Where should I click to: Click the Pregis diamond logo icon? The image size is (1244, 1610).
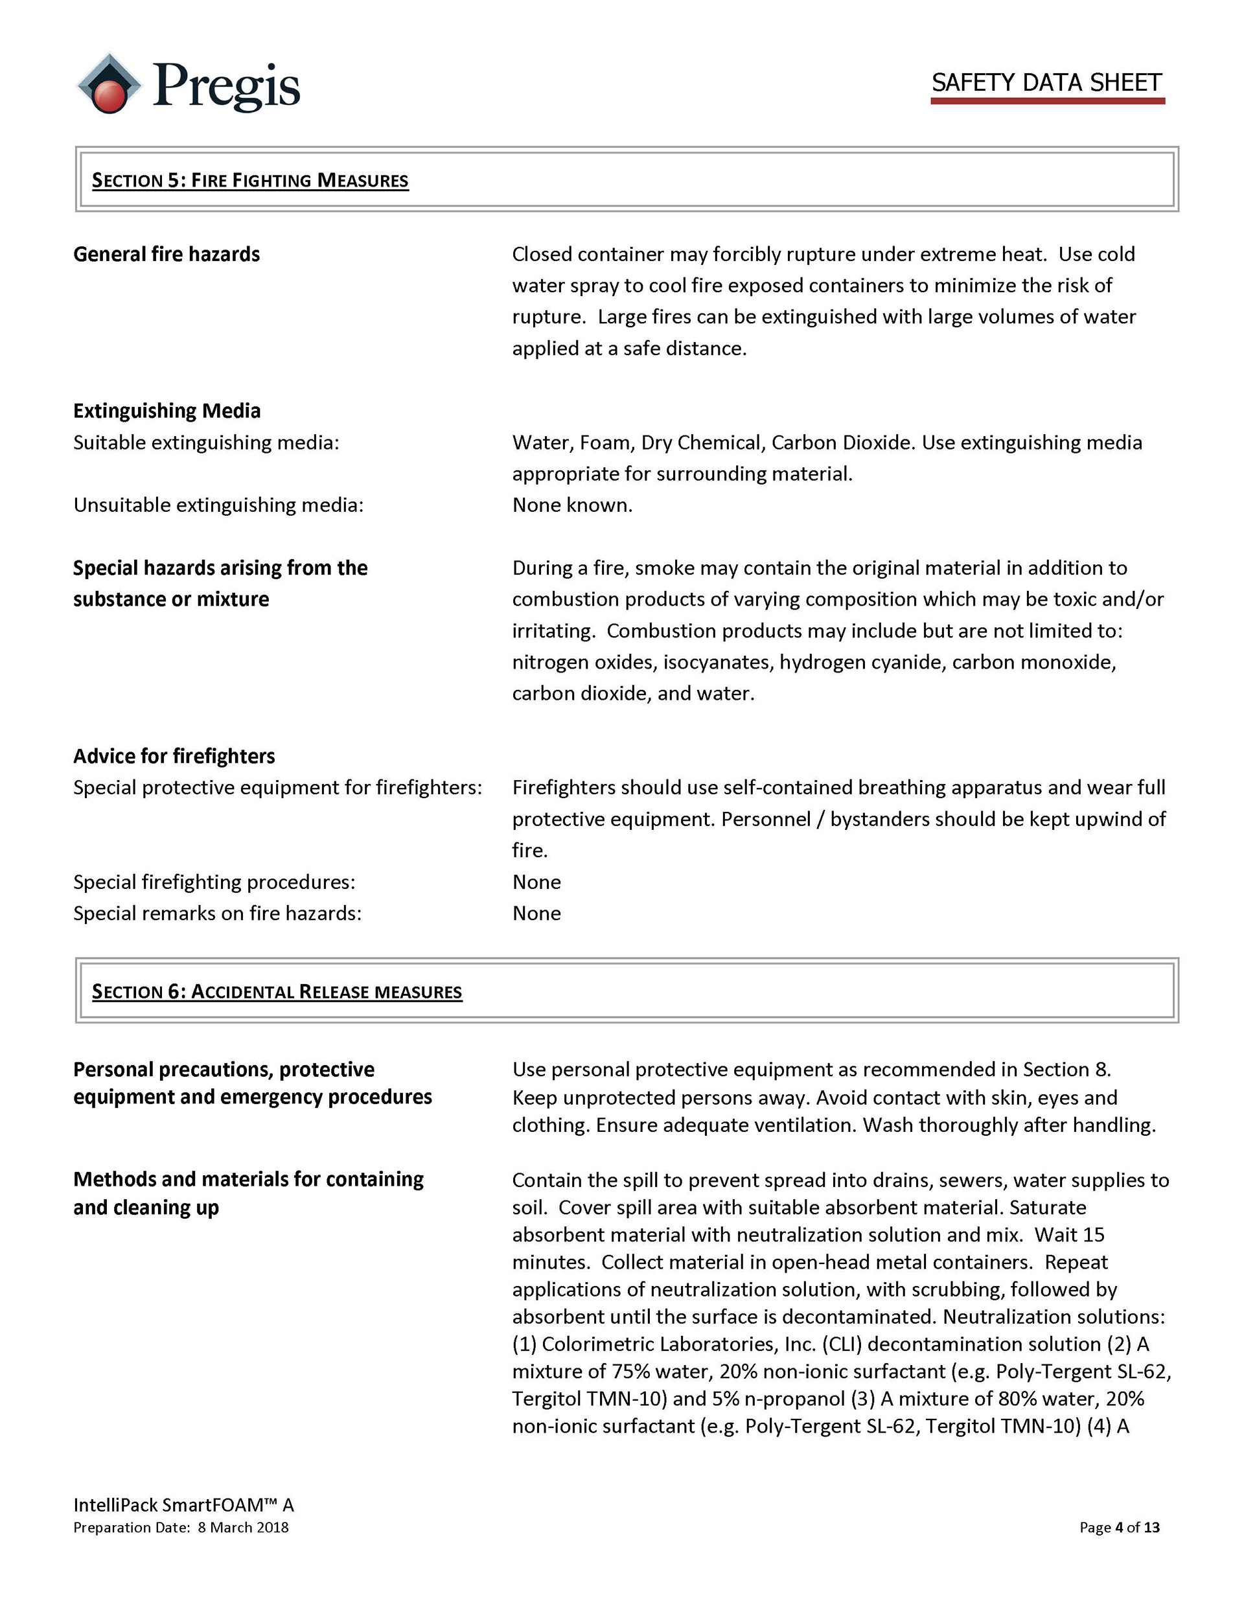(109, 84)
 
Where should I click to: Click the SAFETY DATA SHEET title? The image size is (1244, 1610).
(1046, 82)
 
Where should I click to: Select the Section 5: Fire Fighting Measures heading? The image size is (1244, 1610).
(249, 180)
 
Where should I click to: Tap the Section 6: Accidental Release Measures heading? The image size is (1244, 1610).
(277, 991)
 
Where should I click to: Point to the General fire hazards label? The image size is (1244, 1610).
(166, 255)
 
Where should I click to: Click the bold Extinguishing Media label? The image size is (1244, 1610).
(167, 411)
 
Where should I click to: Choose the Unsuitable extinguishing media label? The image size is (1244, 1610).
(218, 505)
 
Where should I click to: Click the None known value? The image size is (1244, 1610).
(572, 505)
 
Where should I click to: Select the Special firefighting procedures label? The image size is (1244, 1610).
(214, 882)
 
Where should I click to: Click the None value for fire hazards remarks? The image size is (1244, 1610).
(536, 914)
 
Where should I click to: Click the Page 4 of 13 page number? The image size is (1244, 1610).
(1119, 1528)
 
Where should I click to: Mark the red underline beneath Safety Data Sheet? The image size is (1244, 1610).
(1047, 100)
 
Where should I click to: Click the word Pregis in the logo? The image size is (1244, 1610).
(225, 86)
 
